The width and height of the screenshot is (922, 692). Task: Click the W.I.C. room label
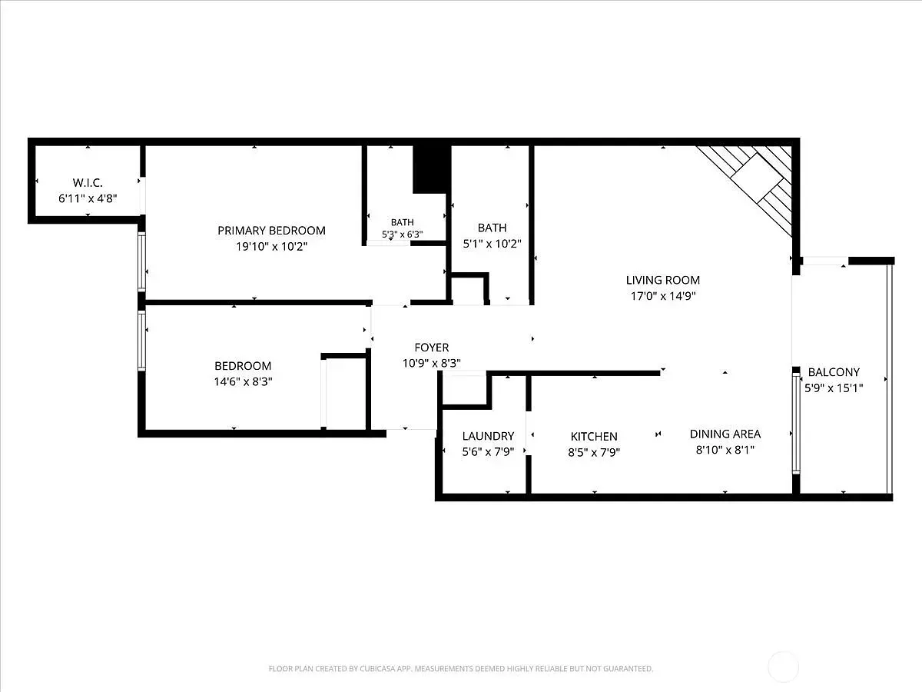88,183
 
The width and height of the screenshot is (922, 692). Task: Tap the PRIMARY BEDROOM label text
271,231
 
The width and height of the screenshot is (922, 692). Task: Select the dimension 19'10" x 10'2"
271,246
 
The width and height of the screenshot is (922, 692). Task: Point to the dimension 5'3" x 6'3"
402,234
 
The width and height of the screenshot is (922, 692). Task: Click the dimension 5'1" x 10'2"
492,244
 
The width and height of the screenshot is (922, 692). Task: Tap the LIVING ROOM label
663,280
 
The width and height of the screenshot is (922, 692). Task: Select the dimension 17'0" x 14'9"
663,296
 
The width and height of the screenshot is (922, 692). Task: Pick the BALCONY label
834,372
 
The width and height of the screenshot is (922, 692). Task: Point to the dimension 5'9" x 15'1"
834,388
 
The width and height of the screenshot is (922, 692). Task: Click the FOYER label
431,348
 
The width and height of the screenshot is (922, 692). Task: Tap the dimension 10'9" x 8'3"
431,363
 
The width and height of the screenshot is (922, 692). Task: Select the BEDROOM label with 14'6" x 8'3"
243,366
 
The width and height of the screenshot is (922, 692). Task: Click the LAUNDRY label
488,436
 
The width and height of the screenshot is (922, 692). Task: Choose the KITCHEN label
594,437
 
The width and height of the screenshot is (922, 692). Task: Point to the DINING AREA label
725,434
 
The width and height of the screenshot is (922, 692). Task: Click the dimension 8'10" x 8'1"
725,450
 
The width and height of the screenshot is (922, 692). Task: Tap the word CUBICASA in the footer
376,668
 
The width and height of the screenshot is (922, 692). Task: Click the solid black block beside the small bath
432,169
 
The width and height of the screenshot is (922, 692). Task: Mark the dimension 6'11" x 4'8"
88,198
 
